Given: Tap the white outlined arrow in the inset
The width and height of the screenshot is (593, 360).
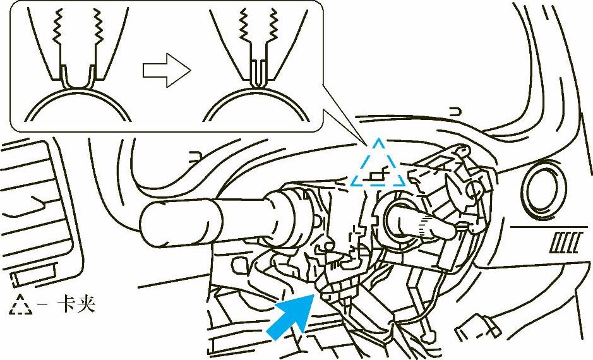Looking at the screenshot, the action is [167, 70].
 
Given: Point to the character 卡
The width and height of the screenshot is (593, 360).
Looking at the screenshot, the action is [66, 303].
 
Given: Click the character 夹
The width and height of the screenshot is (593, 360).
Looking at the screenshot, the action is [87, 303].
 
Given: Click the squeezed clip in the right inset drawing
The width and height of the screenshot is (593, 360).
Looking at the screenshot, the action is [259, 73].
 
